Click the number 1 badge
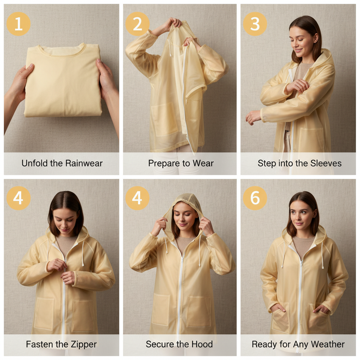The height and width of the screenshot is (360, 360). pos(19,24)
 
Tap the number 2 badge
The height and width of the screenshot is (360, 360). pos(137,24)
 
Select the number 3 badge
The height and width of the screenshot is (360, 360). pos(255,24)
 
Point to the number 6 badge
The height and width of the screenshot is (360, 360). pos(255,198)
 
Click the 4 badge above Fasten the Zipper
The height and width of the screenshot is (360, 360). pos(19,198)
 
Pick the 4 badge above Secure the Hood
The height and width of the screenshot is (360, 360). pos(137,198)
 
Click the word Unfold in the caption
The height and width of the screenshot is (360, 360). pos(33,163)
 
